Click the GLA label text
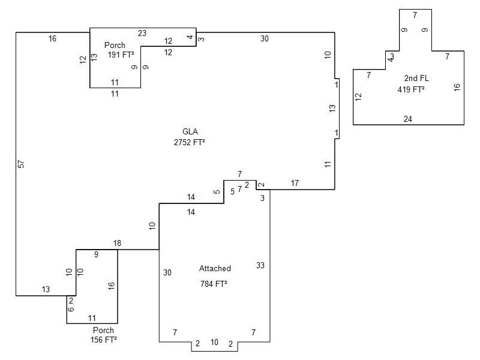click(x=190, y=132)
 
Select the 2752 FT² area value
click(x=190, y=143)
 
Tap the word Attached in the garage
click(x=215, y=269)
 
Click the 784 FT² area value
click(x=214, y=284)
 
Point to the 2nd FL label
click(x=416, y=79)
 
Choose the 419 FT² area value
click(x=411, y=89)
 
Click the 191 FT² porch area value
click(x=121, y=55)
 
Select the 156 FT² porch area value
click(x=103, y=340)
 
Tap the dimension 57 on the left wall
click(x=21, y=164)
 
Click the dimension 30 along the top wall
click(x=265, y=39)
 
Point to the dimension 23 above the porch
click(x=142, y=34)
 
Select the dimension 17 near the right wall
click(x=295, y=183)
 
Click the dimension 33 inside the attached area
click(x=260, y=265)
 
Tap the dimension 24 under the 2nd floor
click(x=408, y=119)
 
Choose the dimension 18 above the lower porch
click(x=117, y=243)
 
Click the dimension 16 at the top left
click(x=52, y=39)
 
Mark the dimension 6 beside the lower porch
click(x=71, y=310)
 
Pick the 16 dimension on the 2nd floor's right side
click(x=457, y=87)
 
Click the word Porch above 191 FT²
click(x=115, y=46)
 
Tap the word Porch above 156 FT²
click(x=103, y=331)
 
